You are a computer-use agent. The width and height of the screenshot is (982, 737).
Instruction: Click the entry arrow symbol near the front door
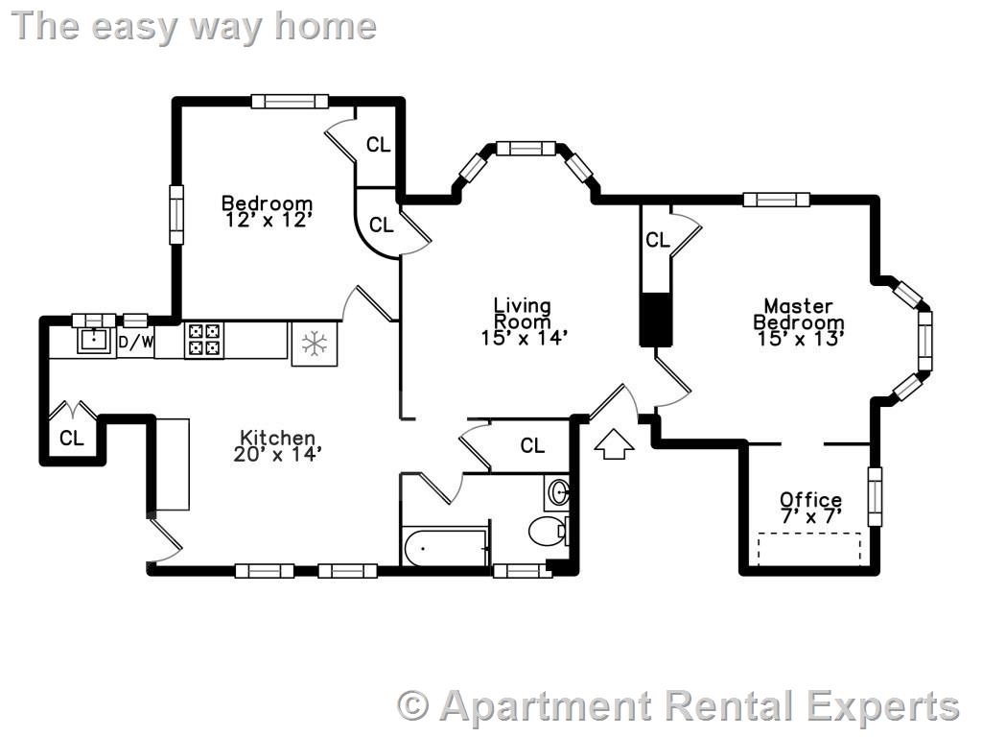614,444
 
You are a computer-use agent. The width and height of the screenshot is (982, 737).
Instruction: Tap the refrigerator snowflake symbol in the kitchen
314,344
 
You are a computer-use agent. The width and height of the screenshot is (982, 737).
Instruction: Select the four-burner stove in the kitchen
202,338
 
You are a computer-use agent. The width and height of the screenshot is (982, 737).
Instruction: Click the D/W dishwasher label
135,342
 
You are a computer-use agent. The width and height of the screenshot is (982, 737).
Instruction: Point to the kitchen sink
94,339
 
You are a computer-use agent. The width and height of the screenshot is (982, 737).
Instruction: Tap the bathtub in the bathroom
445,548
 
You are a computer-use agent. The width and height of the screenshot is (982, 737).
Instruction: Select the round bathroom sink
560,493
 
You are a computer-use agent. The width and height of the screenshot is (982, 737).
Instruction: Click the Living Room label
524,321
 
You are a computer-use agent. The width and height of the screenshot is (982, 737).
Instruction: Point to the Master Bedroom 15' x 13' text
798,321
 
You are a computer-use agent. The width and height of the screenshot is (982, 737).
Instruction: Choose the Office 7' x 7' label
810,507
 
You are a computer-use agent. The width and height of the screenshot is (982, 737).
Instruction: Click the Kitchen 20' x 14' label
276,445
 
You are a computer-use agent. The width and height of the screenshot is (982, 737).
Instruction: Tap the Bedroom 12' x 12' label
267,211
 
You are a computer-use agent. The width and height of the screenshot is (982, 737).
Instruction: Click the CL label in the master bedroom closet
658,240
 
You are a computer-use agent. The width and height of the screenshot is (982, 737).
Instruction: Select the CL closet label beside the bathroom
532,445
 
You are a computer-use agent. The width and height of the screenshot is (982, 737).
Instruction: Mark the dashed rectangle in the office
809,547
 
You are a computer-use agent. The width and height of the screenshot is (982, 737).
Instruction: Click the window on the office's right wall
875,495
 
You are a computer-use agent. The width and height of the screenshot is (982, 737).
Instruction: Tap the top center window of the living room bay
526,148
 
